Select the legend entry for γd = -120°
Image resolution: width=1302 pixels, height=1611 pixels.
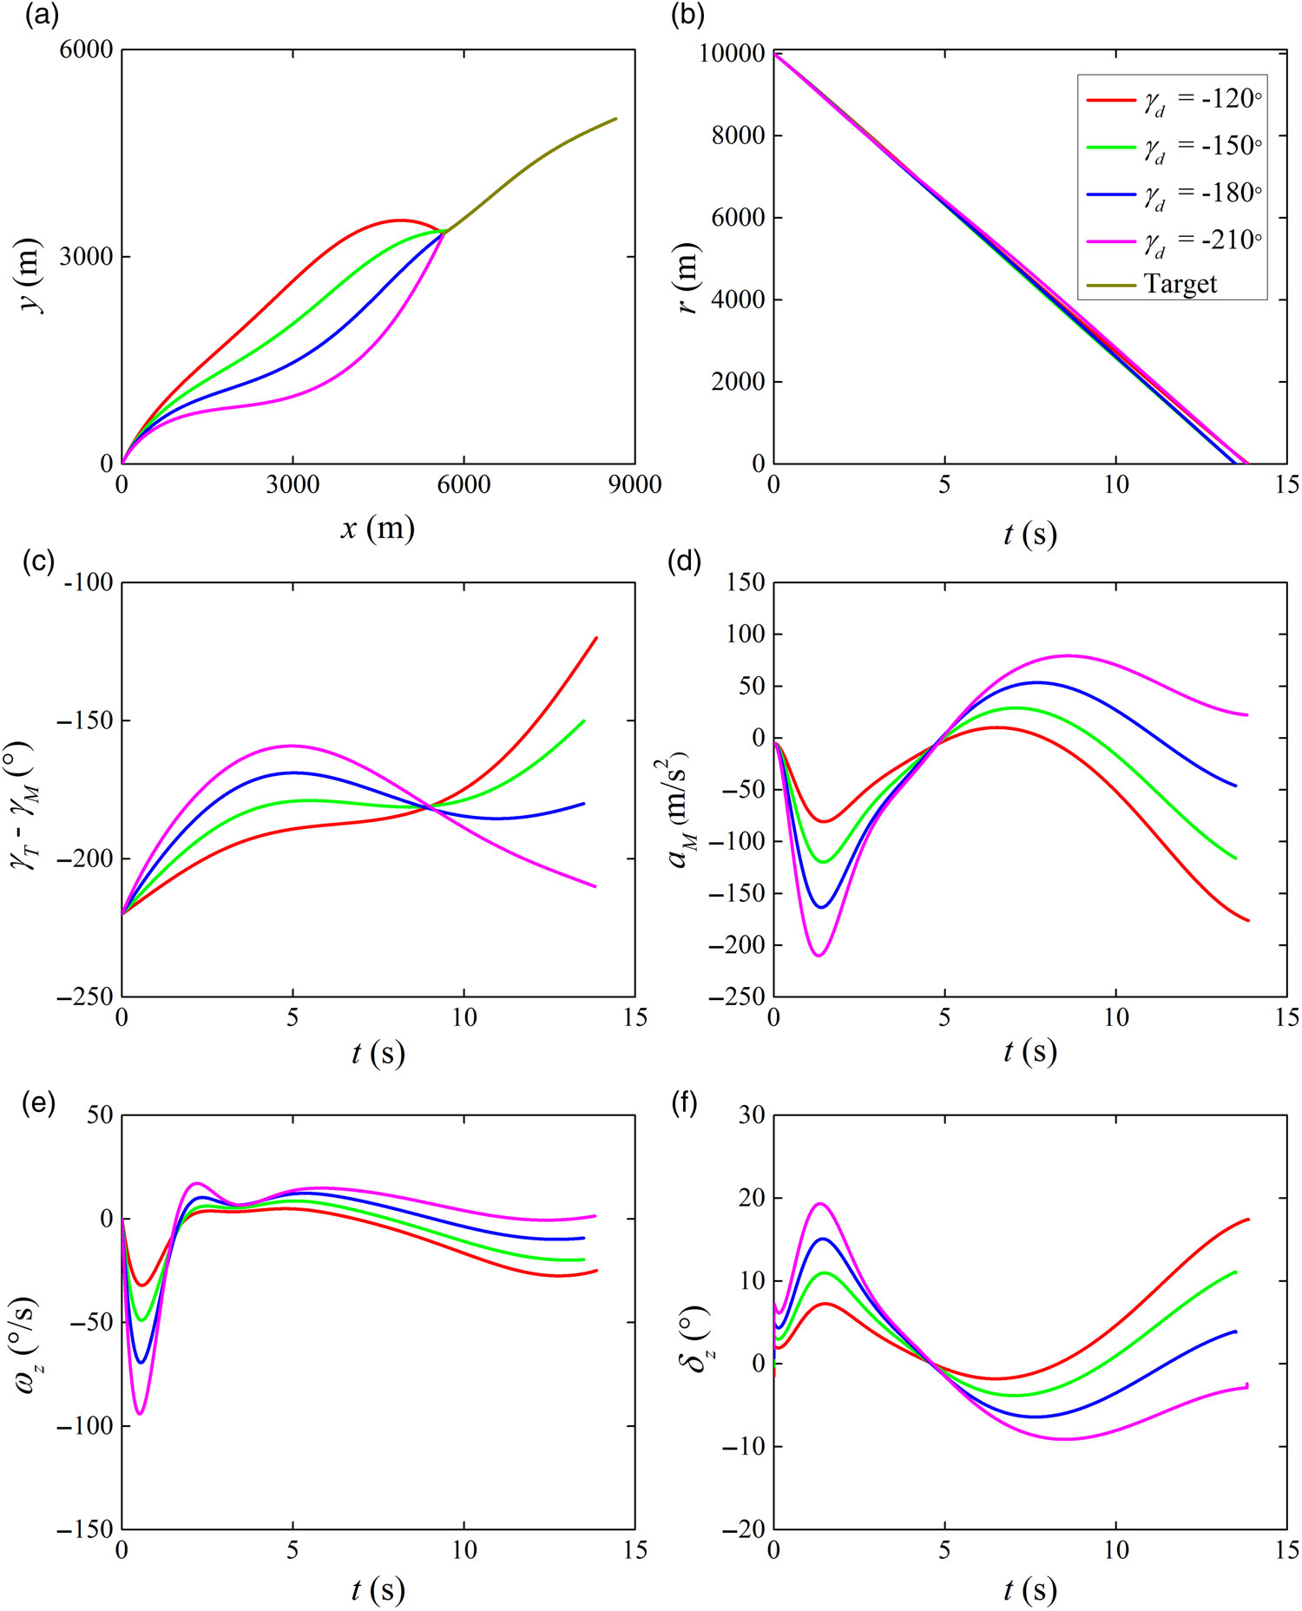pos(1172,100)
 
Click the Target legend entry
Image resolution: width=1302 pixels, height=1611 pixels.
pos(1172,284)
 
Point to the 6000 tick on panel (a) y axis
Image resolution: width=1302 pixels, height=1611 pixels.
pos(86,50)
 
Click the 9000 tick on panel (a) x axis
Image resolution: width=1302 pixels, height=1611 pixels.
pos(635,484)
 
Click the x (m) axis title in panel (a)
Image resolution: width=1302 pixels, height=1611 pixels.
pos(377,527)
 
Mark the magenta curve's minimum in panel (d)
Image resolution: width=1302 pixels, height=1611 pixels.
pos(818,956)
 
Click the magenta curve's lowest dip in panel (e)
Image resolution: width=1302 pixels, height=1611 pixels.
pos(140,1414)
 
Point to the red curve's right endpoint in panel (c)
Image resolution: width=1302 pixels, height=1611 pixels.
pos(596,637)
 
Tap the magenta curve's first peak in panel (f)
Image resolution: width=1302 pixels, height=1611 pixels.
pos(820,1203)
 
